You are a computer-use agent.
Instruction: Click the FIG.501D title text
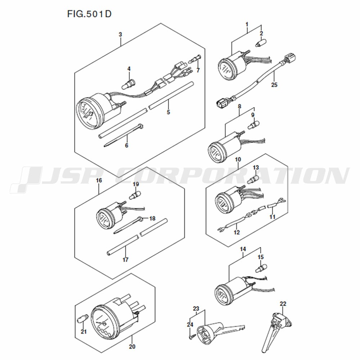pos(89,14)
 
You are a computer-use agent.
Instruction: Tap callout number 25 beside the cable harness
pos(274,85)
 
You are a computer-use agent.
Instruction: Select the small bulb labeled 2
pos(261,43)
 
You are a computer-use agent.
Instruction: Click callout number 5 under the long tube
pos(168,112)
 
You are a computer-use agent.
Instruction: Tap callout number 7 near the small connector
pos(198,71)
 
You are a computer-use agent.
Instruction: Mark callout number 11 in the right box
pos(272,217)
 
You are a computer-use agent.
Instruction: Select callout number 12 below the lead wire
pos(237,232)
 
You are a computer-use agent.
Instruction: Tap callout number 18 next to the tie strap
pos(152,219)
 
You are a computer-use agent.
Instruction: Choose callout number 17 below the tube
pos(125,260)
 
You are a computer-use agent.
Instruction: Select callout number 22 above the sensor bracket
pos(283,304)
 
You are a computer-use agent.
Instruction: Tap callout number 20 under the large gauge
pos(132,346)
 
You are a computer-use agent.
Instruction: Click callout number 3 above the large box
pos(120,35)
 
